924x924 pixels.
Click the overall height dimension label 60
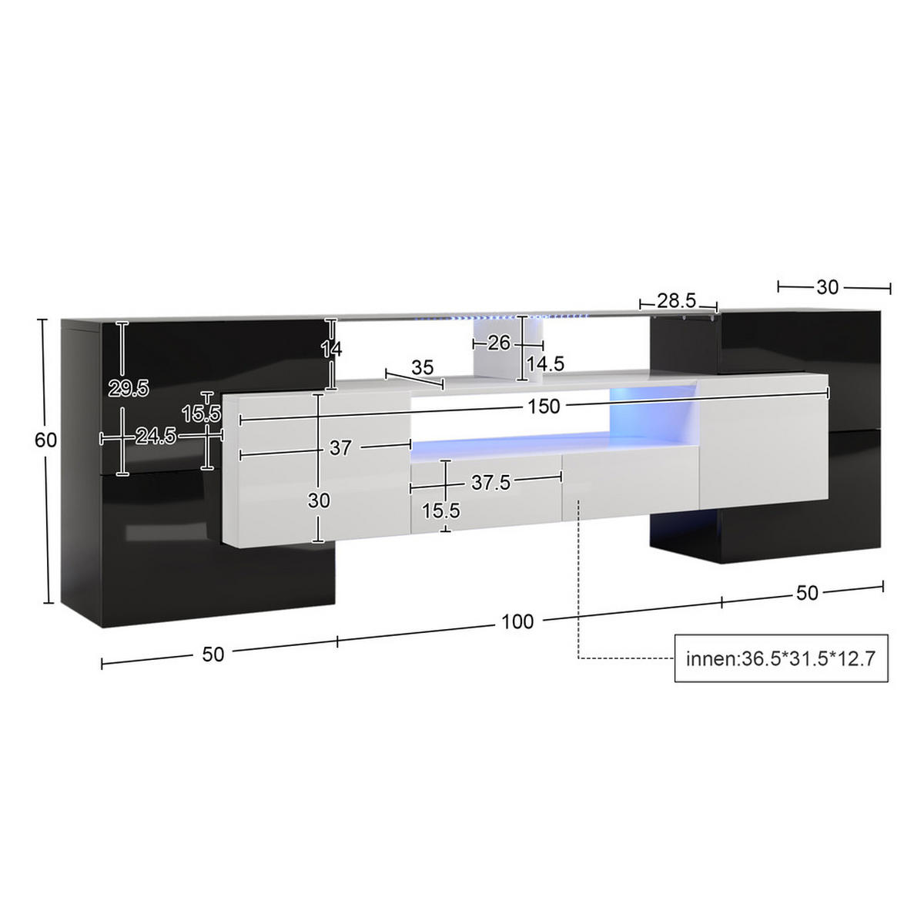click(46, 440)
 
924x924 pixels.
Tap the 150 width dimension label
click(544, 406)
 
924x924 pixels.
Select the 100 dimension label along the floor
click(517, 621)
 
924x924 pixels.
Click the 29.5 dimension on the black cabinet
click(129, 389)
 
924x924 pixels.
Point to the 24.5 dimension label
click(157, 437)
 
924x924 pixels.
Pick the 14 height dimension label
click(331, 349)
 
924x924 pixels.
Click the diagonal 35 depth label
click(422, 367)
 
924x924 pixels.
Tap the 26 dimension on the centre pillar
click(499, 343)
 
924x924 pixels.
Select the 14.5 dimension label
click(545, 363)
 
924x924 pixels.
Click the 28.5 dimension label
click(677, 299)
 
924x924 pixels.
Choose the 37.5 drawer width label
click(490, 482)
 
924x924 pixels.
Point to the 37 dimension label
click(340, 447)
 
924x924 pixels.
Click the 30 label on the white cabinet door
click(319, 500)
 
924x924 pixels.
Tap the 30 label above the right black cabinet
click(827, 287)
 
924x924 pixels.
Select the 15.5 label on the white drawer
click(441, 510)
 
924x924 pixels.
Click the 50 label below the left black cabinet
click(213, 654)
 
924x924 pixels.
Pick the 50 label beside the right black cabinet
click(807, 594)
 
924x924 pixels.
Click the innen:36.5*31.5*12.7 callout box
click(781, 659)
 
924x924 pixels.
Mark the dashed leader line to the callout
click(578, 585)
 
